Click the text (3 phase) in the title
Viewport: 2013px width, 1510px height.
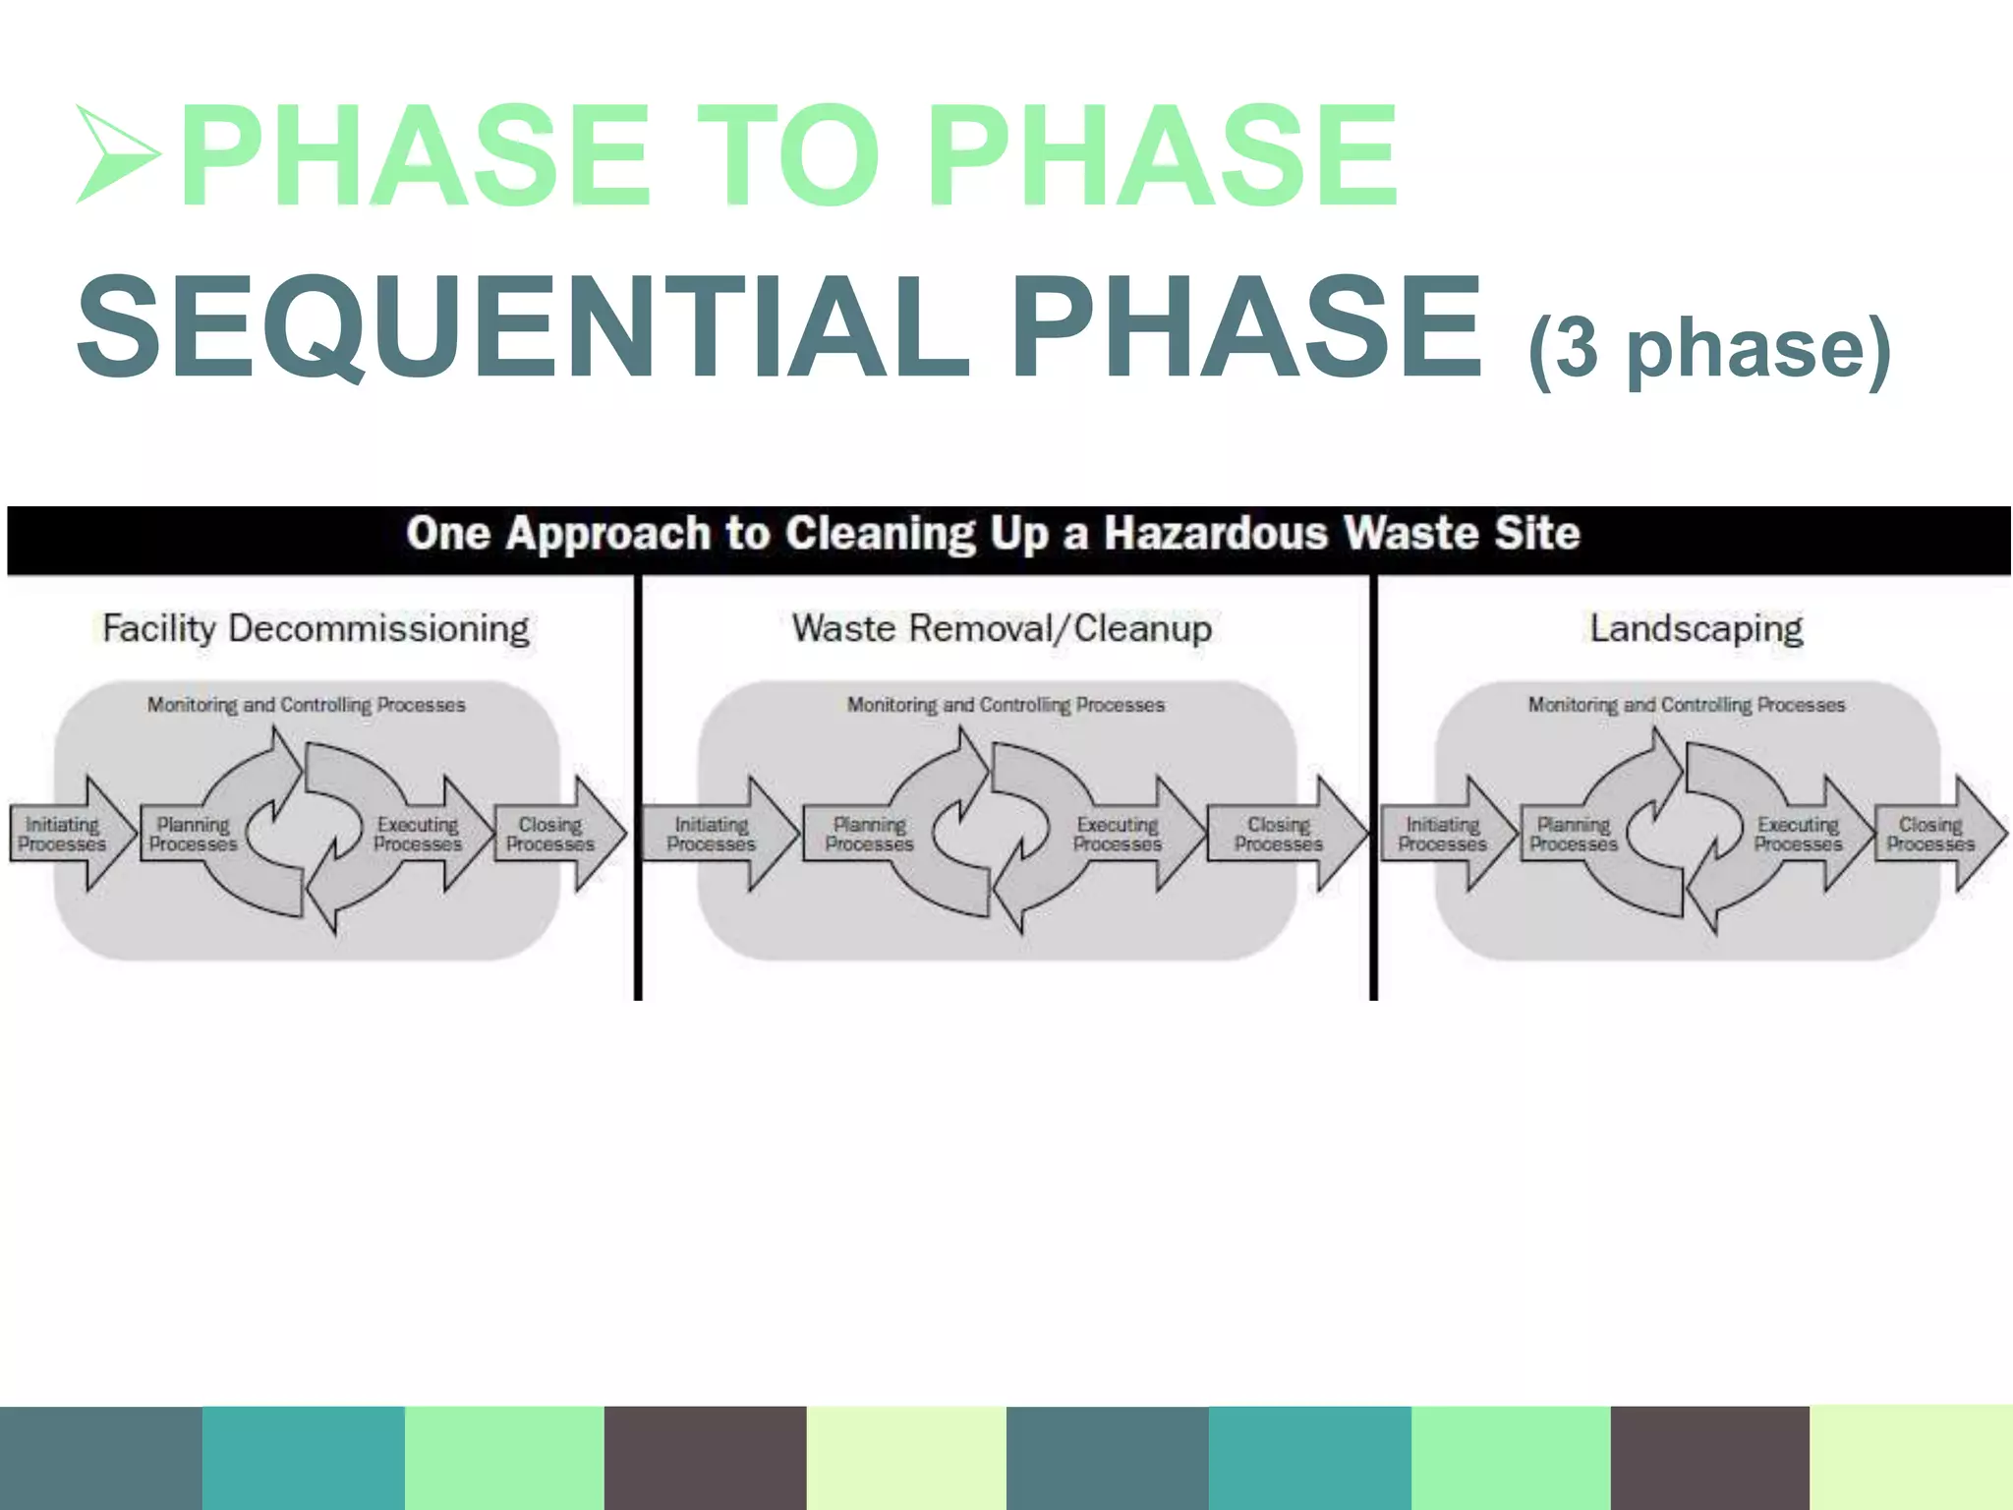coord(1709,349)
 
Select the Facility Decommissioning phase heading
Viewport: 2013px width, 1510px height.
coord(316,628)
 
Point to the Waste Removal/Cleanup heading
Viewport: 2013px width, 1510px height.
coord(1002,628)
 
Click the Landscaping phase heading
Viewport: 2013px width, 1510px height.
coord(1697,628)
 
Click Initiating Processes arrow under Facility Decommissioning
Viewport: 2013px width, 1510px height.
coord(65,834)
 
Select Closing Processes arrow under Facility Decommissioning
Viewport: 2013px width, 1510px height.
coord(553,834)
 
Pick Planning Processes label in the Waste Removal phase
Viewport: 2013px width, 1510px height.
coord(869,834)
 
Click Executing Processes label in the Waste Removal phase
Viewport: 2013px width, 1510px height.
coord(1117,834)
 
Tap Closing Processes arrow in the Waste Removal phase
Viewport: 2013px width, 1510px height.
coord(1281,834)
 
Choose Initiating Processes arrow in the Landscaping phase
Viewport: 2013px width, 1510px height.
coord(1443,834)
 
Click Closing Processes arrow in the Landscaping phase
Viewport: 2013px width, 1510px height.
coord(1932,834)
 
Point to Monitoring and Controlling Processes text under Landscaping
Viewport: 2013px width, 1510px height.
coord(1686,705)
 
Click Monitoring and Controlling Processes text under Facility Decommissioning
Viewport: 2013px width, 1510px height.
coord(306,705)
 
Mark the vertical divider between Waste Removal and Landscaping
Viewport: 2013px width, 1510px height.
coord(1373,786)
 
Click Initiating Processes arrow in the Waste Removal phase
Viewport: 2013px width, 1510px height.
coord(713,834)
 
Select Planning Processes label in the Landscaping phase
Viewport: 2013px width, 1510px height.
coord(1573,834)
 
